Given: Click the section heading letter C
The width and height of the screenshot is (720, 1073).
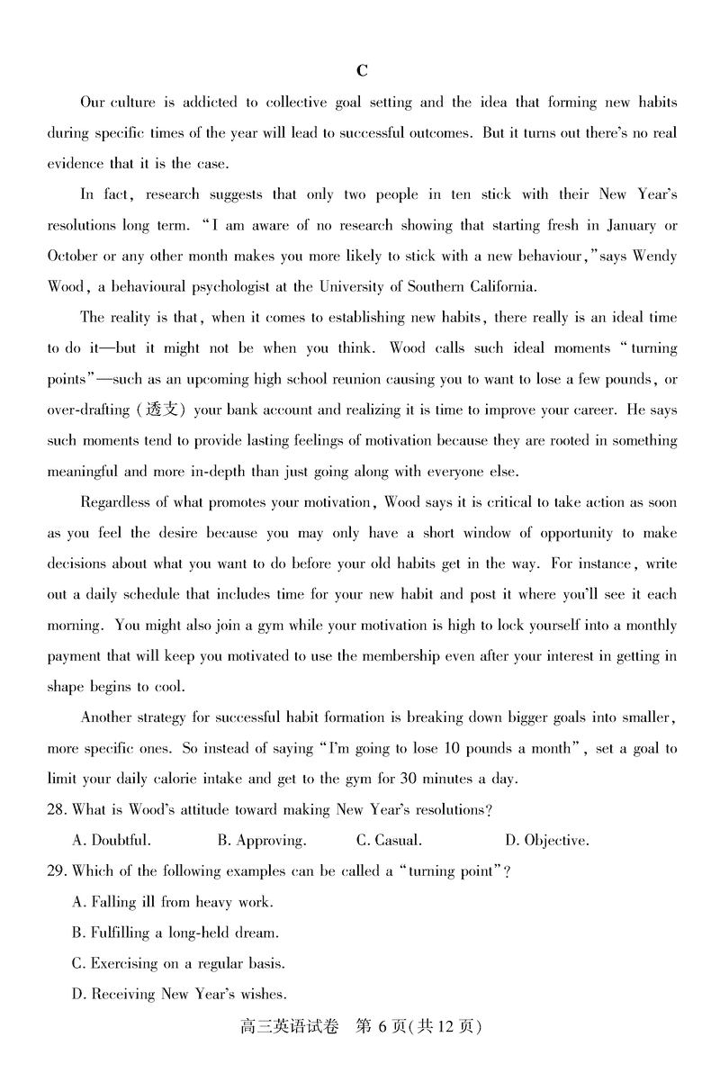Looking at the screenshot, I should [362, 71].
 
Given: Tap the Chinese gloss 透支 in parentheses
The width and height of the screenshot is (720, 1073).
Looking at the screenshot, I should [162, 410].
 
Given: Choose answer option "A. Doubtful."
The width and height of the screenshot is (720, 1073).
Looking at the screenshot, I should [111, 841].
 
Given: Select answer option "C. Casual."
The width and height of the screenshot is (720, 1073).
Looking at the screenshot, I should [389, 841].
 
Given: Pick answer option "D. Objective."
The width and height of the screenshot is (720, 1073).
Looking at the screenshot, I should [546, 841].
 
